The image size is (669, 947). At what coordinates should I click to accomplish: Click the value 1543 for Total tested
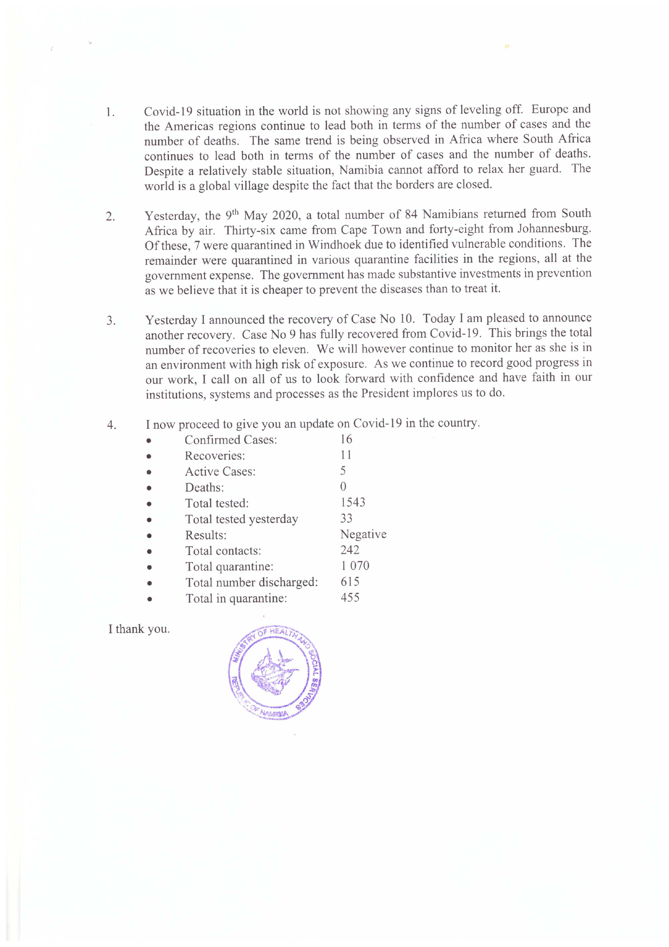353,502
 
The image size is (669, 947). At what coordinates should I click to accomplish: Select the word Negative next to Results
363,534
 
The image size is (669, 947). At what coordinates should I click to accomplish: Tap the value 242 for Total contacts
350,550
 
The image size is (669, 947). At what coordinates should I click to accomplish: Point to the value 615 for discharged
350,582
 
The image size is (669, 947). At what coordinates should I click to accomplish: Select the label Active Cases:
220,472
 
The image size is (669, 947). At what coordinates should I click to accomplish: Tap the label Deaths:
204,487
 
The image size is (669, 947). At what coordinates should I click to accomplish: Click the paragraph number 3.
110,321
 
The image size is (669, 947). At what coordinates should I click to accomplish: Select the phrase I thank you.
139,629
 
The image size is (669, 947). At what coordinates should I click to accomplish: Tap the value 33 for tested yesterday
346,519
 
